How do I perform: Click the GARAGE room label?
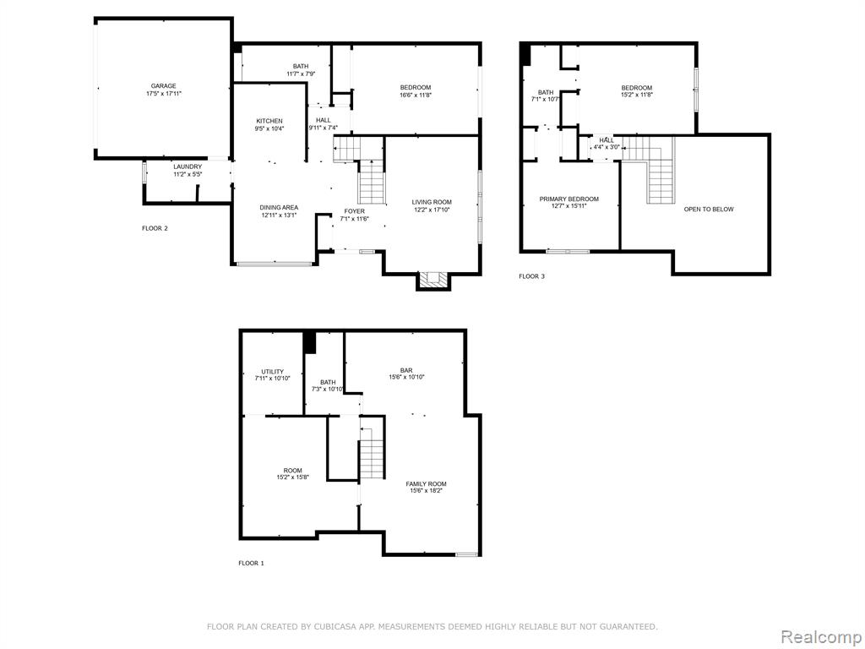pos(164,86)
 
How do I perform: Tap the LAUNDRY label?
pos(188,166)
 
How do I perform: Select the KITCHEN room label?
pos(269,121)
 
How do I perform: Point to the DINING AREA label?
pos(279,208)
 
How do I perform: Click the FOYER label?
pos(354,211)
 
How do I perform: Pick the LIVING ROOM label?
pos(432,202)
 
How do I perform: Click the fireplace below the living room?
pos(433,281)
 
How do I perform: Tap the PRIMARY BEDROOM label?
pos(569,199)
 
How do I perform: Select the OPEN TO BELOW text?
pos(709,210)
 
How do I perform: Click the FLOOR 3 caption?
pos(532,276)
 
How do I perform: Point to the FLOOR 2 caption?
pos(155,228)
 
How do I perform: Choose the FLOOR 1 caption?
pos(251,563)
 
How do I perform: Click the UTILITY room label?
pos(273,372)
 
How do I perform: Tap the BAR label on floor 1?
pos(406,370)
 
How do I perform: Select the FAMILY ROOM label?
pos(427,484)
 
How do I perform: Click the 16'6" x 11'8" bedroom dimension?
pos(416,95)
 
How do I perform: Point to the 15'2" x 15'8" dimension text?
pos(292,477)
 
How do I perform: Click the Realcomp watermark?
pos(821,636)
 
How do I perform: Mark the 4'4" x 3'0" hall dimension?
pos(607,147)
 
